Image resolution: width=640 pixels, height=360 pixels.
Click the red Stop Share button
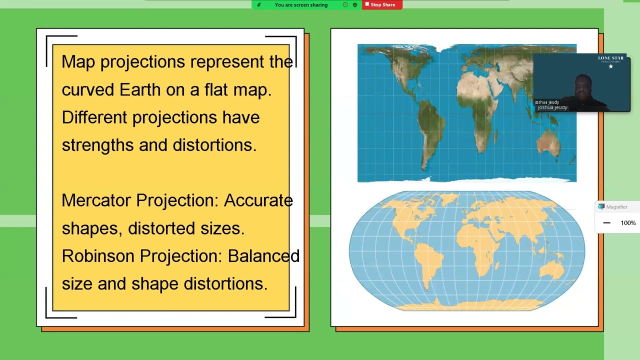[x=382, y=5]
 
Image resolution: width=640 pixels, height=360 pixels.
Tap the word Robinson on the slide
[x=98, y=255]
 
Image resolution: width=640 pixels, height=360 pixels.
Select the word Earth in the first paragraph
[x=140, y=89]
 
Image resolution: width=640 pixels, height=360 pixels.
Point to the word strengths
[x=97, y=145]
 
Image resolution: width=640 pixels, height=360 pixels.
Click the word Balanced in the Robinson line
[x=263, y=255]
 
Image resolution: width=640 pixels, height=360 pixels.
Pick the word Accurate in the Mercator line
[x=258, y=200]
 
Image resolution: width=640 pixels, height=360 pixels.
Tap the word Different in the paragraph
[x=94, y=117]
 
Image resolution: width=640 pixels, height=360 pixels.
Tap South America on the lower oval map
[x=427, y=263]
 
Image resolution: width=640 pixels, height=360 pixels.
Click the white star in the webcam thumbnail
[x=611, y=66]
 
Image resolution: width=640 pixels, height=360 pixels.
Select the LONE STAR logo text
[x=611, y=58]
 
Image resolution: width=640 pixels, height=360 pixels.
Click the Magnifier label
[x=617, y=207]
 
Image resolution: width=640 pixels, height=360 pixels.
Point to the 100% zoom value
[x=628, y=223]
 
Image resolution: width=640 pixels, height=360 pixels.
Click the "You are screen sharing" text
[x=301, y=5]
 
